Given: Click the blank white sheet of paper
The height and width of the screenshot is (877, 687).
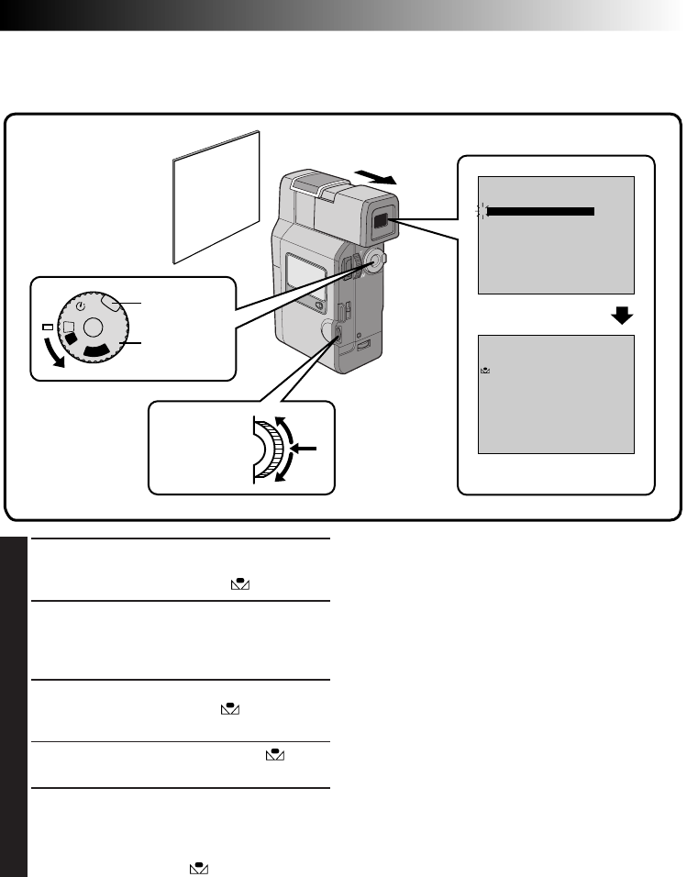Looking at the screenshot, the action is (x=217, y=196).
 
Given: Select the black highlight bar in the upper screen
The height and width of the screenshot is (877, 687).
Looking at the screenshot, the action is (x=542, y=211).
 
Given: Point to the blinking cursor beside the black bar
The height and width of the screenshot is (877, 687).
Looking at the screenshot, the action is (x=480, y=211).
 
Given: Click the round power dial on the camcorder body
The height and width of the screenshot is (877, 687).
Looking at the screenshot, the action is (x=372, y=261).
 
